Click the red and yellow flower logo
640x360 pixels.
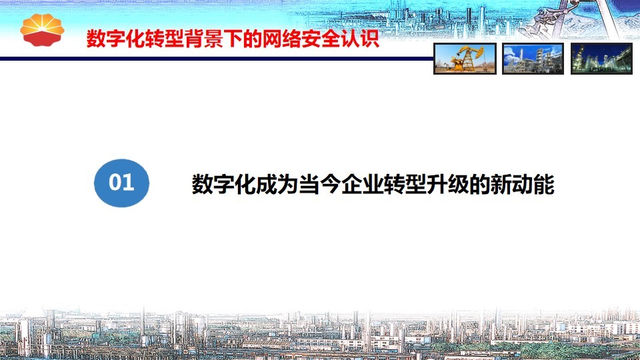[43, 30]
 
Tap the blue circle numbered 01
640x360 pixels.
[121, 183]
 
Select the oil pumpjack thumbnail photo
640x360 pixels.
[465, 59]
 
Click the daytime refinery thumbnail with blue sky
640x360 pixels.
[533, 59]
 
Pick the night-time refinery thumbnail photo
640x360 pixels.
[601, 59]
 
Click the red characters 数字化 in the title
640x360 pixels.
[116, 39]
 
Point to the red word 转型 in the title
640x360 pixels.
[165, 39]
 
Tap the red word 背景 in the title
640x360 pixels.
[204, 39]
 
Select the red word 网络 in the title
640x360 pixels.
[282, 39]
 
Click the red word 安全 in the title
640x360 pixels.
[321, 39]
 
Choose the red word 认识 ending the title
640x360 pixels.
[360, 39]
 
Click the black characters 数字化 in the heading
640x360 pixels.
[224, 184]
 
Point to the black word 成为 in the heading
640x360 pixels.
[277, 184]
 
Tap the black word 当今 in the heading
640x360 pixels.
[320, 184]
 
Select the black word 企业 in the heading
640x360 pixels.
[363, 184]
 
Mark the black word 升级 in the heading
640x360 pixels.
[448, 184]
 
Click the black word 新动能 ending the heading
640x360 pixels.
[523, 184]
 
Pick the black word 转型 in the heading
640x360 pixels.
[405, 184]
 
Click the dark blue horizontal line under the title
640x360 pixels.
[217, 59]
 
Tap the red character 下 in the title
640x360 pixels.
[233, 39]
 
